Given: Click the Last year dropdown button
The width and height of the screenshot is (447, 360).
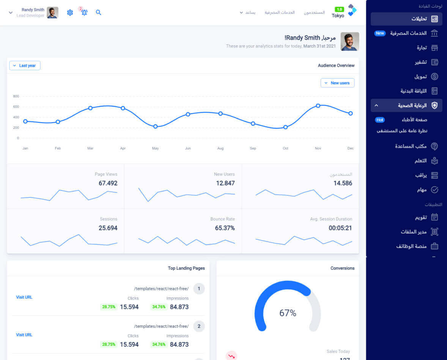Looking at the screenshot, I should (x=25, y=66).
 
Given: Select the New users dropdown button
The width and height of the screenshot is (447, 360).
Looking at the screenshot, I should (x=337, y=83).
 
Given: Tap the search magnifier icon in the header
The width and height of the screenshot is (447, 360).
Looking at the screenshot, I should (x=99, y=13).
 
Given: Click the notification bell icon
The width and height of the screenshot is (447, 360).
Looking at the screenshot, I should (x=84, y=13).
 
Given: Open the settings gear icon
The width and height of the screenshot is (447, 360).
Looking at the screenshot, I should (x=70, y=13).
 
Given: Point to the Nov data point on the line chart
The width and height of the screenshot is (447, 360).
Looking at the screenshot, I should (x=318, y=106).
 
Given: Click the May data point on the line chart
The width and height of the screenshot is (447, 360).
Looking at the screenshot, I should (x=155, y=126).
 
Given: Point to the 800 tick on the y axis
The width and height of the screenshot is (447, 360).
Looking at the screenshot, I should (x=16, y=96).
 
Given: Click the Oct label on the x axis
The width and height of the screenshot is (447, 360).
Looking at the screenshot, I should (x=285, y=148).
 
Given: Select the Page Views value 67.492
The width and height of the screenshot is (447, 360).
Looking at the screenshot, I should (x=108, y=183).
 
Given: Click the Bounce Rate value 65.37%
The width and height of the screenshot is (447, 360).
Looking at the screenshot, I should (x=225, y=228).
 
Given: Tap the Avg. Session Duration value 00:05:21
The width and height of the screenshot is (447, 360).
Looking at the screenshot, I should (x=340, y=228).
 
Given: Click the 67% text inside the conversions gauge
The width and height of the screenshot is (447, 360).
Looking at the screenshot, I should (x=288, y=313).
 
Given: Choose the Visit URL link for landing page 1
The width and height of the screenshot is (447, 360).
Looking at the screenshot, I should (x=24, y=297).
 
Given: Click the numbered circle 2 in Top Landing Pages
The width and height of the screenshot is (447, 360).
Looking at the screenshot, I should (x=199, y=326).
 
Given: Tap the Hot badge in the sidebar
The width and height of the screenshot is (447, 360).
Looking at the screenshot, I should (x=380, y=120).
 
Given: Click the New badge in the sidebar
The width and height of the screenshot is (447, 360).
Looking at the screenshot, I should (x=380, y=33).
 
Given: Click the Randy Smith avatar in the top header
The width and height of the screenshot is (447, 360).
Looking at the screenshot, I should (x=53, y=13).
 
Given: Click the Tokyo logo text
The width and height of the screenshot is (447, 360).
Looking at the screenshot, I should (x=338, y=16).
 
